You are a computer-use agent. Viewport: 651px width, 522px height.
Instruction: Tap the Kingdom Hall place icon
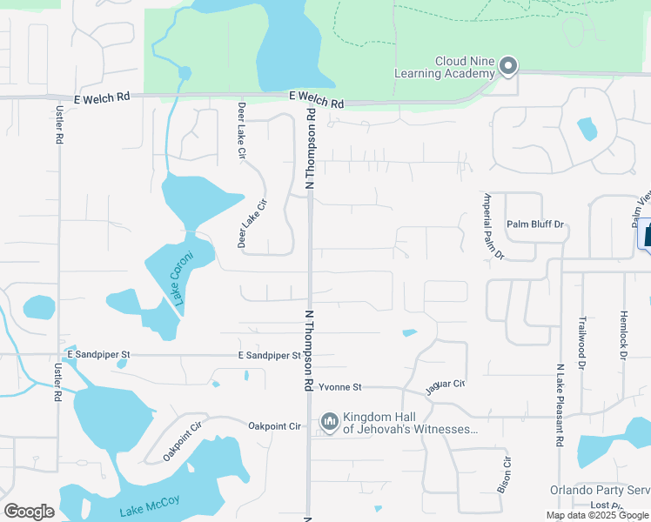click(330, 423)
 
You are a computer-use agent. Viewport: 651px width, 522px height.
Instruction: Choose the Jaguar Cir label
click(446, 384)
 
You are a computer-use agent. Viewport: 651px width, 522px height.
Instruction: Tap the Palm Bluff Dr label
click(536, 224)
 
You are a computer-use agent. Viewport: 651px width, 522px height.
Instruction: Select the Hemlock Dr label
click(623, 330)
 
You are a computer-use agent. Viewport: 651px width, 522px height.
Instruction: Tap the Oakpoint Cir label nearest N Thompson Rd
click(274, 426)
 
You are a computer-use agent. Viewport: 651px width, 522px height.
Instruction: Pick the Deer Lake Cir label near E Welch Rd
click(242, 130)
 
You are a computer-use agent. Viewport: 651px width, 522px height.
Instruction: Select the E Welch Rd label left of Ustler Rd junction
click(101, 100)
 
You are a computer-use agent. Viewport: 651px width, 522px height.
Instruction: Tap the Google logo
click(29, 512)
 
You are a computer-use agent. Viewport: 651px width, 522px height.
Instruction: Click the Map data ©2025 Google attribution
click(597, 515)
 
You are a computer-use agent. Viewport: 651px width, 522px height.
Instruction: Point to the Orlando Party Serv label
click(600, 490)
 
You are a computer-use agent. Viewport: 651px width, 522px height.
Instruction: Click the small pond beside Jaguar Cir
click(409, 332)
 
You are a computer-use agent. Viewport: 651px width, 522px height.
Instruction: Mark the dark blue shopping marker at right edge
click(647, 233)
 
